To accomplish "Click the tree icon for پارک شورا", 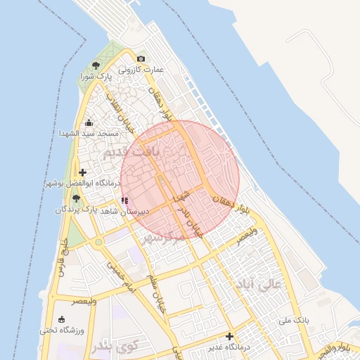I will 96,64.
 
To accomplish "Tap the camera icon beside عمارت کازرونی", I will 141,59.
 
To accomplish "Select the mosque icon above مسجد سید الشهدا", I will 89,123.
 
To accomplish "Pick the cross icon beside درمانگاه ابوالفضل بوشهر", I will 83,172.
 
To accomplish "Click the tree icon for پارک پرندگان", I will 75,198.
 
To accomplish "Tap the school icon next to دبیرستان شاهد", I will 125,201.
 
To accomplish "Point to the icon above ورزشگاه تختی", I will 62,319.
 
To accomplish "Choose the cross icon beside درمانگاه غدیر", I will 229,336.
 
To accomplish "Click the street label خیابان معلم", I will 153,292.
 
